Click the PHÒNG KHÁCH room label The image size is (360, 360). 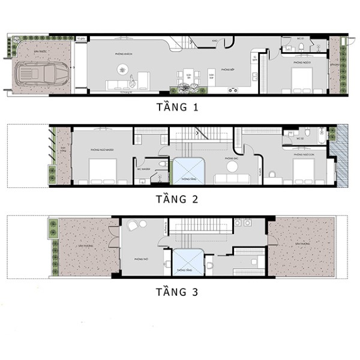(124, 54)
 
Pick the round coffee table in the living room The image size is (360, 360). (123, 69)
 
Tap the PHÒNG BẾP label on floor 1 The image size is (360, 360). (229, 70)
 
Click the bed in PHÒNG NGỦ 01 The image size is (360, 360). (304, 79)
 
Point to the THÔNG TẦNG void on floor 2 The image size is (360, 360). (188, 170)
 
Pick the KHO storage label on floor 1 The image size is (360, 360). (214, 41)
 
